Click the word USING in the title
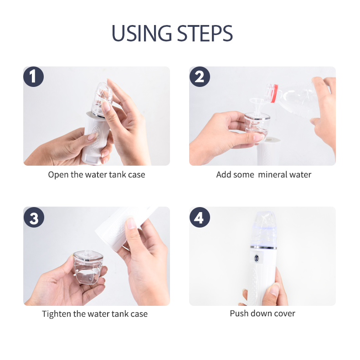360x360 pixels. pyautogui.click(x=141, y=33)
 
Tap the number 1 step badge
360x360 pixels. pyautogui.click(x=33, y=76)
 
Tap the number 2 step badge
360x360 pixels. pyautogui.click(x=199, y=76)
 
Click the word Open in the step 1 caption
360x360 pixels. pyautogui.click(x=58, y=175)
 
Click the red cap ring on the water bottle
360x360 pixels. pyautogui.click(x=274, y=94)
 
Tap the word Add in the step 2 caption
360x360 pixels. pyautogui.click(x=223, y=175)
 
